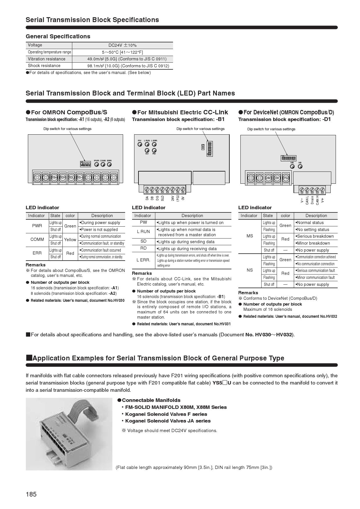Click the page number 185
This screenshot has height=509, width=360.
click(x=31, y=494)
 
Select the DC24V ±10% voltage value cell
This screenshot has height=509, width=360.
click(x=122, y=45)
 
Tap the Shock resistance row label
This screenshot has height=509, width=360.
click(x=44, y=66)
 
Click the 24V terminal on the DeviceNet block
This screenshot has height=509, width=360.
click(x=268, y=178)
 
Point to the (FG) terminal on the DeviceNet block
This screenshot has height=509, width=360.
click(x=286, y=178)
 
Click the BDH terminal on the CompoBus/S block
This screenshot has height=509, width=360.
click(x=63, y=177)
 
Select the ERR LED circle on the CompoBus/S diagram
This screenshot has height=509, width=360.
click(x=109, y=165)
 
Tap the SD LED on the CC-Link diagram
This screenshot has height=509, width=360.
click(x=147, y=150)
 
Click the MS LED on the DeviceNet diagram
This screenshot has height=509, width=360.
click(x=292, y=167)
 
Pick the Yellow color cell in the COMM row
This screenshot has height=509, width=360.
click(x=70, y=240)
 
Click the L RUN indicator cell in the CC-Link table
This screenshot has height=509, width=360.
click(x=143, y=232)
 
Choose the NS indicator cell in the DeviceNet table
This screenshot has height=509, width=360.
click(x=250, y=270)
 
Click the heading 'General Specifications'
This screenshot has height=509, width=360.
click(x=58, y=36)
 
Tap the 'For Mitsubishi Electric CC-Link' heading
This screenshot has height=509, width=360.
click(x=180, y=112)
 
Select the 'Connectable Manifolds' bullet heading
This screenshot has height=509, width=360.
click(x=151, y=400)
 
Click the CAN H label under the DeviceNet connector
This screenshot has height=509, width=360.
click(x=317, y=200)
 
